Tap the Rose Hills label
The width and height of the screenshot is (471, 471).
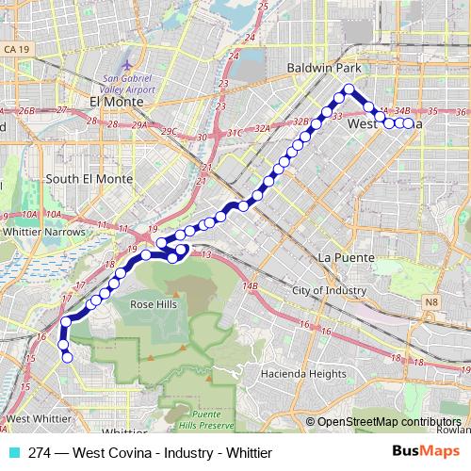point(154,304)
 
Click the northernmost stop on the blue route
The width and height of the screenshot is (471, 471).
point(348,89)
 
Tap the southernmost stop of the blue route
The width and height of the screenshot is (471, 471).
point(66,356)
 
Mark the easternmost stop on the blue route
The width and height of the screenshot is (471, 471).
point(408,123)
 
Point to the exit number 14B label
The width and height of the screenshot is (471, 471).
point(250,285)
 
